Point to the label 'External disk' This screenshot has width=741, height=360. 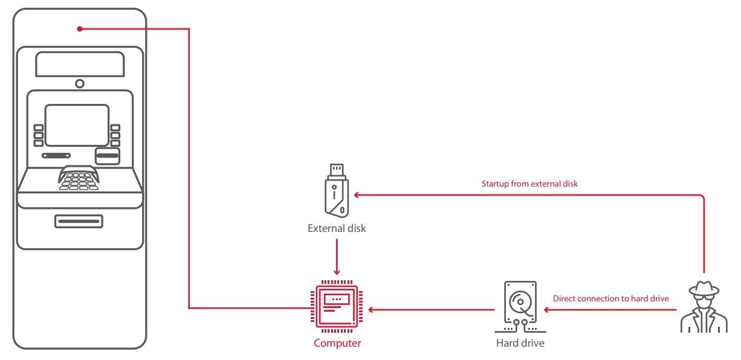(337, 229)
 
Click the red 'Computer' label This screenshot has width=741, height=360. (337, 344)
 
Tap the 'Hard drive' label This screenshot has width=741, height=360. (520, 344)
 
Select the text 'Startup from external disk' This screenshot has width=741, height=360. (530, 184)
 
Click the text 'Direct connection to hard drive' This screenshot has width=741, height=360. (610, 298)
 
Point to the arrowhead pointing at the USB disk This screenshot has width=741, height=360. (357, 194)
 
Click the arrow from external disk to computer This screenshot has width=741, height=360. (337, 257)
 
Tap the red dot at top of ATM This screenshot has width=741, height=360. (80, 28)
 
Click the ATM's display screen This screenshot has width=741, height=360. (77, 125)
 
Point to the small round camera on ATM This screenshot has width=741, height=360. (80, 83)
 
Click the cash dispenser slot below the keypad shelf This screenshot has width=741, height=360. (79, 221)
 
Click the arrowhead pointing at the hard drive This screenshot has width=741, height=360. (546, 310)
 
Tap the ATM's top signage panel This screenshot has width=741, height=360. (80, 64)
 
